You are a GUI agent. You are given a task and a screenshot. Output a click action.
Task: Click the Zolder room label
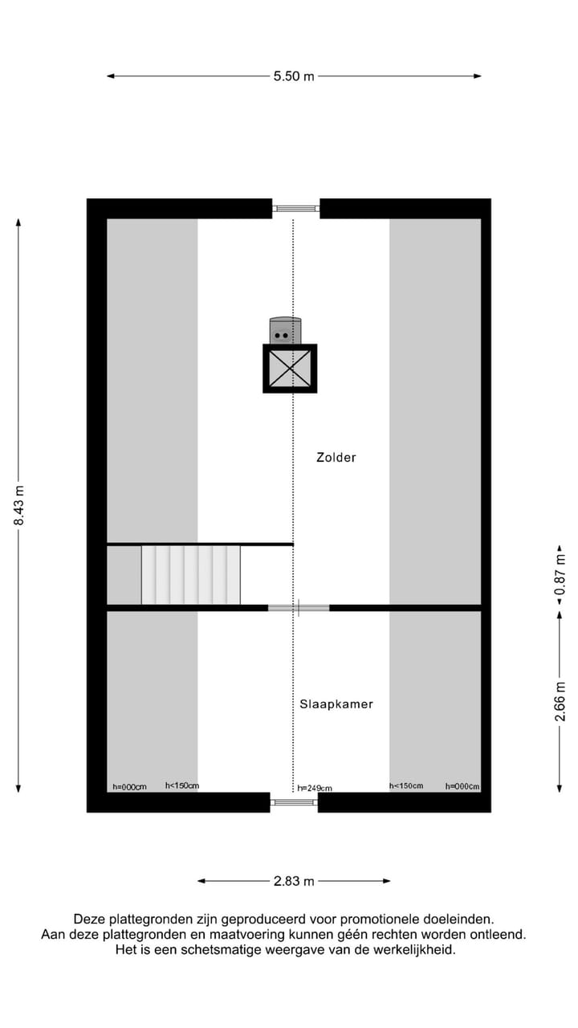(336, 458)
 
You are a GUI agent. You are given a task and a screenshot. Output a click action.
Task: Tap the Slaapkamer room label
(336, 704)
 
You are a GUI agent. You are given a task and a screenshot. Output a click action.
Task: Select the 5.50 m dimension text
(294, 76)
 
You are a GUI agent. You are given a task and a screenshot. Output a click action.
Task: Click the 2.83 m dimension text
(294, 881)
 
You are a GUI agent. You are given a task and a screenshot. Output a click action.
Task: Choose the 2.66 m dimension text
(560, 702)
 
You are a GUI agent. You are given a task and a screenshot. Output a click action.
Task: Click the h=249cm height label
(315, 789)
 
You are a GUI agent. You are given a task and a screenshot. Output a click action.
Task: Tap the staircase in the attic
(191, 574)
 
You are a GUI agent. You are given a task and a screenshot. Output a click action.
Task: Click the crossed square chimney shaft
(290, 369)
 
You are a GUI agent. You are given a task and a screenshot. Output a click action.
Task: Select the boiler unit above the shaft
(285, 330)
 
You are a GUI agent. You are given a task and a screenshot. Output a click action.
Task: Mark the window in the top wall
(296, 209)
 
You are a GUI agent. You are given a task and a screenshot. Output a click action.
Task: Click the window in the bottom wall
(294, 802)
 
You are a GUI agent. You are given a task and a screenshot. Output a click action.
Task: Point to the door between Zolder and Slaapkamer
(299, 608)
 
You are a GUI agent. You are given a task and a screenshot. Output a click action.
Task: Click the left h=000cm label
(129, 787)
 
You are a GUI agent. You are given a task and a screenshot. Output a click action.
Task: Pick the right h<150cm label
(406, 785)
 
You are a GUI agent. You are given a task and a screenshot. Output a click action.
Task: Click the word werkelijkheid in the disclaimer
(416, 949)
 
